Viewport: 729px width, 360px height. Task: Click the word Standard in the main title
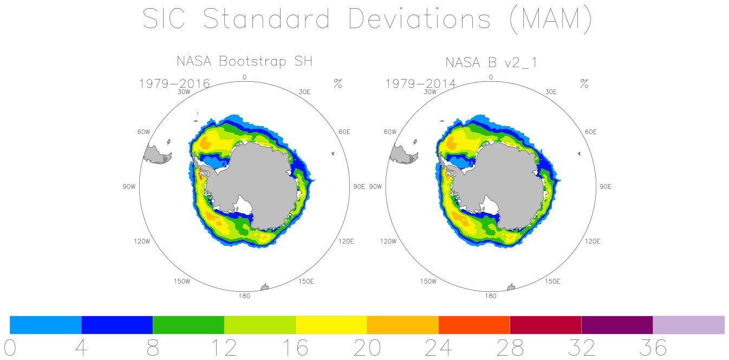266,18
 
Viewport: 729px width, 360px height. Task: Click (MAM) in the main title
551,19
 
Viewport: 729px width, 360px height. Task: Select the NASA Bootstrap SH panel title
244,61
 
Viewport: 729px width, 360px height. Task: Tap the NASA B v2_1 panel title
491,62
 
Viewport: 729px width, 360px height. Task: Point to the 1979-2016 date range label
174,84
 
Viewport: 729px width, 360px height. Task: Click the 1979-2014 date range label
421,84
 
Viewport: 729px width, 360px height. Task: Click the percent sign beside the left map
338,83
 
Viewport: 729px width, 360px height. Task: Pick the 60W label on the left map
144,132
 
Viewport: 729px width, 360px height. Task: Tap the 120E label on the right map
593,241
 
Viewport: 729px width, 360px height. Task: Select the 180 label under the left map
244,296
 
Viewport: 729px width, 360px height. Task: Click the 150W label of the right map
428,282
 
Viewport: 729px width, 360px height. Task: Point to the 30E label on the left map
304,92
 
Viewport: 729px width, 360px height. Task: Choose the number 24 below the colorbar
438,348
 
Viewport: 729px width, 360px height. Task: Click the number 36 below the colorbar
653,348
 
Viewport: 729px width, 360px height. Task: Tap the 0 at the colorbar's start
10,348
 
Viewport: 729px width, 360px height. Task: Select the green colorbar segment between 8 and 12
188,325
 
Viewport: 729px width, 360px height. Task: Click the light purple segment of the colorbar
688,325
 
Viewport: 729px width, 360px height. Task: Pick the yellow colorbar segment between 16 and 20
331,325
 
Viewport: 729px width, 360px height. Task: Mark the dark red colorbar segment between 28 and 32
545,325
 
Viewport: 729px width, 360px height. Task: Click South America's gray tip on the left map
156,155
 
